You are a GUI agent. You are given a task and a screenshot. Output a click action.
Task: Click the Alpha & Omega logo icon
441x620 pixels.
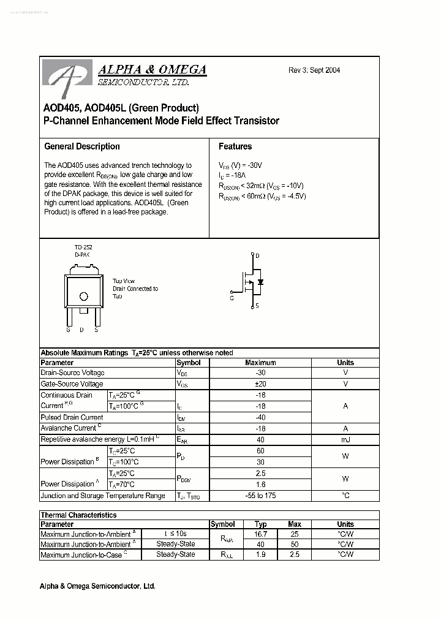(68, 77)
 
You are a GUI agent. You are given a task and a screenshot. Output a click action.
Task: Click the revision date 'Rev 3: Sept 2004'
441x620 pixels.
(314, 70)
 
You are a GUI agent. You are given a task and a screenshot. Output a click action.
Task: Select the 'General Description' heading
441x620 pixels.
(82, 146)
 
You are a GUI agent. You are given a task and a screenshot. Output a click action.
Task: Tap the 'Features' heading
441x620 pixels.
(235, 146)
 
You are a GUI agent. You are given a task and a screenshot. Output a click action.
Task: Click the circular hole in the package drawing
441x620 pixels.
(84, 297)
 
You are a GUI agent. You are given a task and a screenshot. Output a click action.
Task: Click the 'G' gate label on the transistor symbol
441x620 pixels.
(232, 298)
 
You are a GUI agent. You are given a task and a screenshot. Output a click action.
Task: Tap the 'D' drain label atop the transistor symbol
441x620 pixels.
(257, 255)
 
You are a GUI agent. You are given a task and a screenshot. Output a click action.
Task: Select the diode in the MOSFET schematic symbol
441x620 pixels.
(260, 282)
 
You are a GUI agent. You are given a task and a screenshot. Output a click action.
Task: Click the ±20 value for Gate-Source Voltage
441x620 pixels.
(260, 384)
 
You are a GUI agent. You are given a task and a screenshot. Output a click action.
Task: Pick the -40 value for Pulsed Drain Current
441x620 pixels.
(260, 417)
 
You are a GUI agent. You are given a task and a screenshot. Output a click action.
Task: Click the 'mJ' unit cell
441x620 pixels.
(345, 440)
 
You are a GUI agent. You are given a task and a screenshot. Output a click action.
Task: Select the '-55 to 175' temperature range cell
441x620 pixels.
(260, 496)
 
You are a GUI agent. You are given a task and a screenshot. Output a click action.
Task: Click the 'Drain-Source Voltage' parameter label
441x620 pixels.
(72, 373)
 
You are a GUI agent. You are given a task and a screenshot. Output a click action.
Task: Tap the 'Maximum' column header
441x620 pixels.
(260, 363)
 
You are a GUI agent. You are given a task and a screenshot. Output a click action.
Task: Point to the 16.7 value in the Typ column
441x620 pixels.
(260, 534)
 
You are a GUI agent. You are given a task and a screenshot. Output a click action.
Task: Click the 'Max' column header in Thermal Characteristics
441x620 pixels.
(295, 524)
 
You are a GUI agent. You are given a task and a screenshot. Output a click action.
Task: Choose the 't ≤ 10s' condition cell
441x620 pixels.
(175, 534)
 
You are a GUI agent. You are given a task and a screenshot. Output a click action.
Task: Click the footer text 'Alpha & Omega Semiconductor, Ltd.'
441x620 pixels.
(97, 586)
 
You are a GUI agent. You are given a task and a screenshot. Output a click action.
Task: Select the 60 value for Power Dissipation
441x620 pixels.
(260, 451)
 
